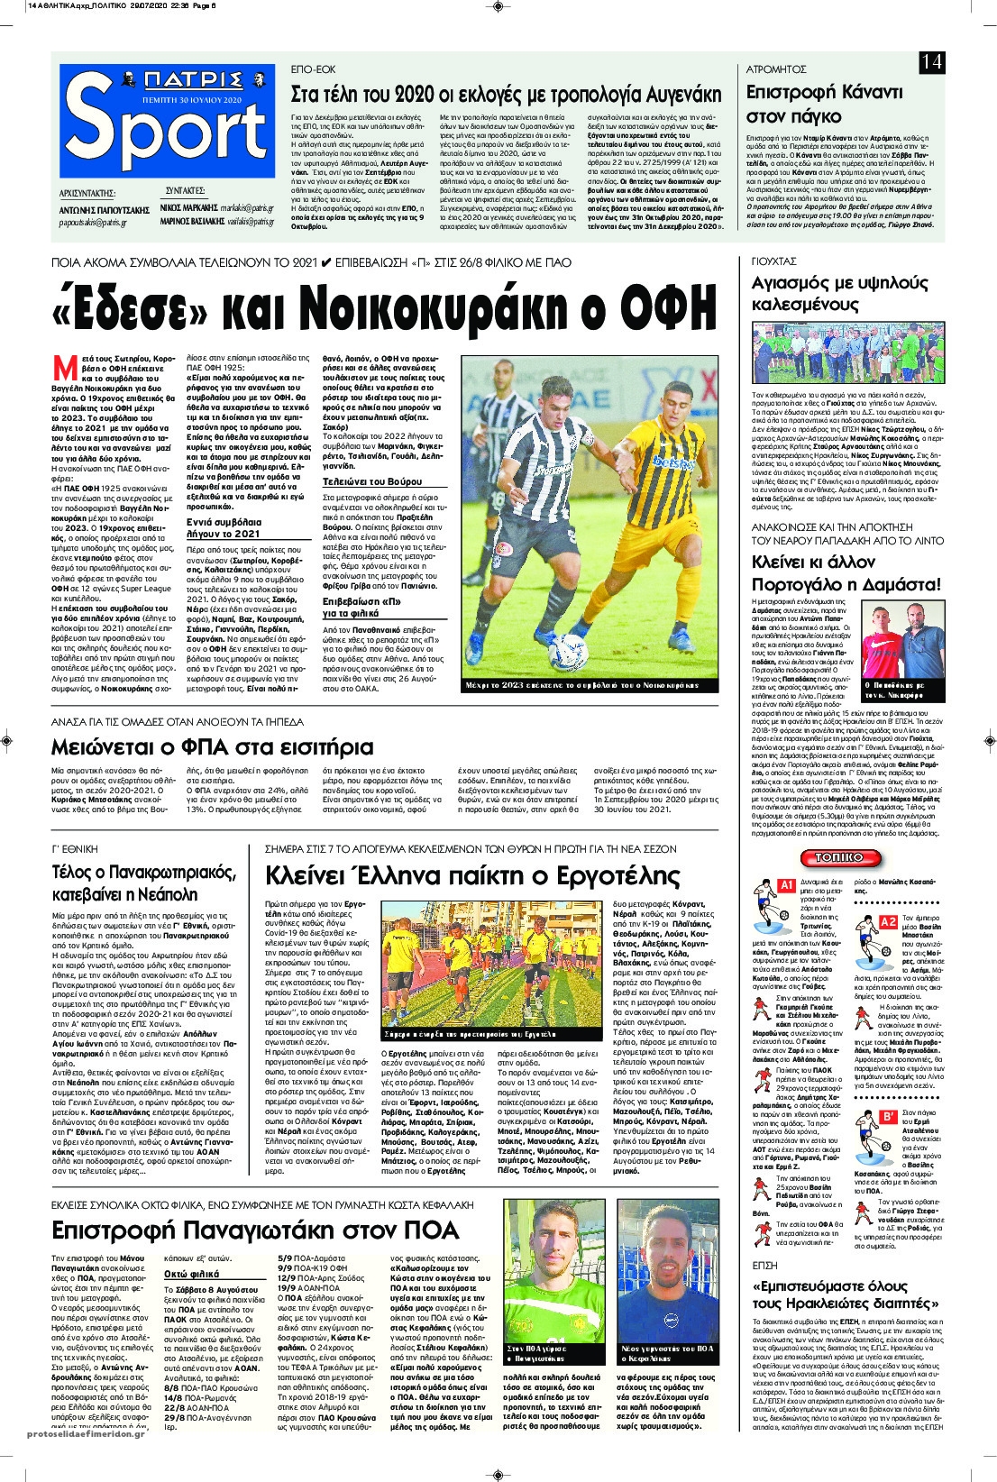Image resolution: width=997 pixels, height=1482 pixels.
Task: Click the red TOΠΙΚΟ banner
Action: pyautogui.click(x=839, y=856)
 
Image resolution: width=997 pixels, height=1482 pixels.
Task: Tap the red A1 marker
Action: pyautogui.click(x=785, y=885)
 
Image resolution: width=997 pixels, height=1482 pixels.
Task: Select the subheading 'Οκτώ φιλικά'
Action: pyautogui.click(x=192, y=1274)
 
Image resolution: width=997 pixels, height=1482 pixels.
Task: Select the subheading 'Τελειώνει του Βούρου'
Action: pyautogui.click(x=371, y=481)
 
